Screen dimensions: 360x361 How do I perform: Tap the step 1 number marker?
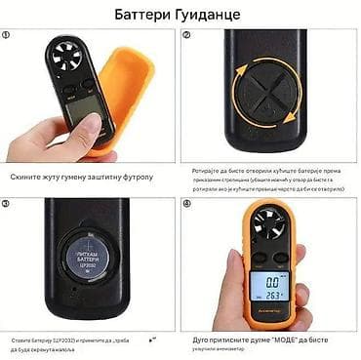[x=8, y=35]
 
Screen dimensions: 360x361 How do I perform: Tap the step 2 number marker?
[x=186, y=35]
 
